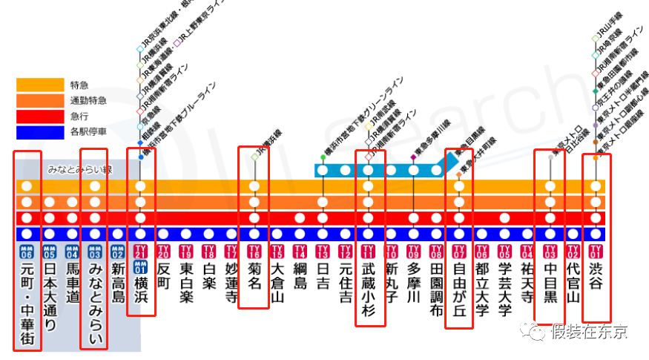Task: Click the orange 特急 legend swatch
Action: pyautogui.click(x=40, y=85)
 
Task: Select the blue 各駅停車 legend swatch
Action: pyautogui.click(x=40, y=132)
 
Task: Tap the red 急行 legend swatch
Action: pyautogui.click(x=40, y=117)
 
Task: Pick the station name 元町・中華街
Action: pyautogui.click(x=27, y=303)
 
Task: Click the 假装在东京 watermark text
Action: pyautogui.click(x=588, y=330)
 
